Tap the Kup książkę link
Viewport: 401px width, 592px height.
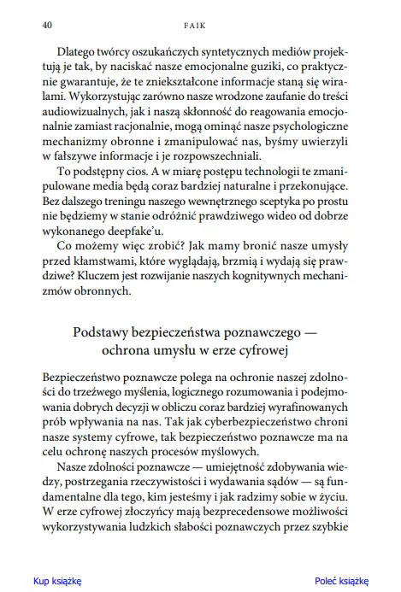coord(56,579)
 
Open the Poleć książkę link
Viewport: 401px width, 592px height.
coord(341,579)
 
